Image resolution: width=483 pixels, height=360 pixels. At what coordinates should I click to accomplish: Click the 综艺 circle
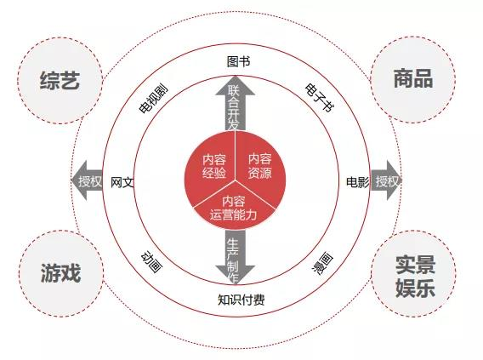pos(60,81)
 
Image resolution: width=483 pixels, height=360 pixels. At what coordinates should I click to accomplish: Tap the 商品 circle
pos(412,79)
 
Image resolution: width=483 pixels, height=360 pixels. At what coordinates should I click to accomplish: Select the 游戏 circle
pos(61,273)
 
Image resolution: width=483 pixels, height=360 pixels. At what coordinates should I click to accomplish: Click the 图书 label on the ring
pos(238,61)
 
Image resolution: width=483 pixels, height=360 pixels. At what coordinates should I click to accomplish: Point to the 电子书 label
pos(319,97)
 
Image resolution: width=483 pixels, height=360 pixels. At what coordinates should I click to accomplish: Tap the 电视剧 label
pos(154,100)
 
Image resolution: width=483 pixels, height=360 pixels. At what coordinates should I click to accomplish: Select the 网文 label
pos(122,182)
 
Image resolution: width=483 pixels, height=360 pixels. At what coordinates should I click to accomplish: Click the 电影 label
pos(358,182)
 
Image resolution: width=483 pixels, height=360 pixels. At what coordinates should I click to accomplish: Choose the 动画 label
pos(151,262)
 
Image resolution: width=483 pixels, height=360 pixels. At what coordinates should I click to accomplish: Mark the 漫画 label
pos(322,264)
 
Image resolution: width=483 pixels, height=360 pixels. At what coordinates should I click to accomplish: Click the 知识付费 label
pos(241,300)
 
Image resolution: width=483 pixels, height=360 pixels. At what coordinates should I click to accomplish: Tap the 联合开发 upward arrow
pos(236,104)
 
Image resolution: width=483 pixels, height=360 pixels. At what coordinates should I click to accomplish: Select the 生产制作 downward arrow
pos(235,257)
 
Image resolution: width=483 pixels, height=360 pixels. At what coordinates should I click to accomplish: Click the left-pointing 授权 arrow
pos(88,180)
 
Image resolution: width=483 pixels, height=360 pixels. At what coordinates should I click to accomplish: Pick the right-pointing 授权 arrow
pos(386,180)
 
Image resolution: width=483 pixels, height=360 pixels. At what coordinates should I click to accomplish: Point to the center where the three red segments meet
pos(236,180)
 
